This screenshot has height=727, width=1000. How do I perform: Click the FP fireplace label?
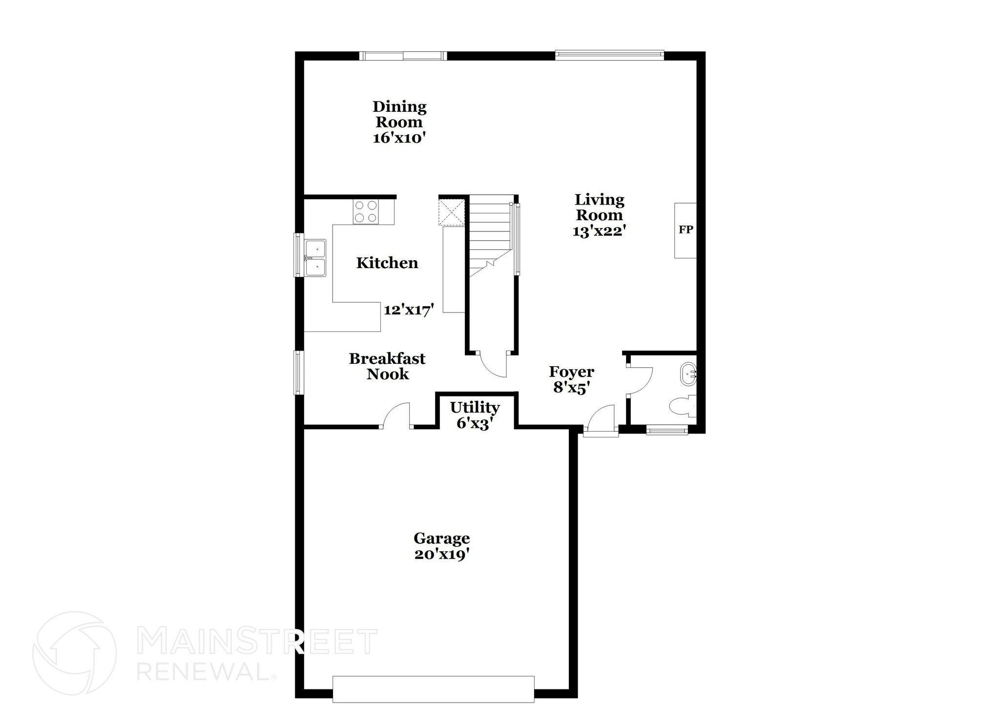click(686, 229)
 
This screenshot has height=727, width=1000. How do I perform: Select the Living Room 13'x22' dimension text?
click(599, 231)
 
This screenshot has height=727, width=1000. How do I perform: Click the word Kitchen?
click(387, 263)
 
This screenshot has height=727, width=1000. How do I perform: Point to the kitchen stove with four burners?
click(366, 212)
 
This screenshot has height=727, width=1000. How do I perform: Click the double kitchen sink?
click(315, 258)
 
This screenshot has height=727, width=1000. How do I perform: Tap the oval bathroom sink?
click(688, 374)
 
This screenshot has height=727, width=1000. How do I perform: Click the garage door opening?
click(433, 689)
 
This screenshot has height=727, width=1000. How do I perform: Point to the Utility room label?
click(475, 408)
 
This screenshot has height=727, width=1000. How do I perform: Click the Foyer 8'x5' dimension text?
click(571, 388)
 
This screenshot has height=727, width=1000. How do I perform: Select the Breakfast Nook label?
click(387, 366)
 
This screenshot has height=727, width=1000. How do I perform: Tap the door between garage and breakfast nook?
click(397, 416)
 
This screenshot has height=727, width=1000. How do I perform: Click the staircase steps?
click(489, 234)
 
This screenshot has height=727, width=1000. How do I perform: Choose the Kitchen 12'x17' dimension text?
click(409, 310)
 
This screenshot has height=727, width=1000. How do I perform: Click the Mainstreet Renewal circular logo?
click(75, 653)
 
